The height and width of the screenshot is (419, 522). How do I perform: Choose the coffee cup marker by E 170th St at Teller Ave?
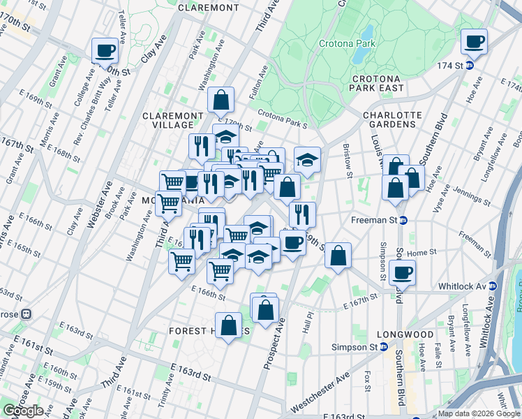tap(105, 50)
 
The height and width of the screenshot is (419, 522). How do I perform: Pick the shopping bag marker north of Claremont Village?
tap(221, 101)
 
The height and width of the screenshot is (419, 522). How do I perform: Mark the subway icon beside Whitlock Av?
tap(493, 286)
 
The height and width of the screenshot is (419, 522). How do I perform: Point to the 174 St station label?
tap(450, 66)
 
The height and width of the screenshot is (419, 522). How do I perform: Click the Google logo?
tap(23, 411)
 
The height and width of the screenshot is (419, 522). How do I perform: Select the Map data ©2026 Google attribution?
tap(479, 413)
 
